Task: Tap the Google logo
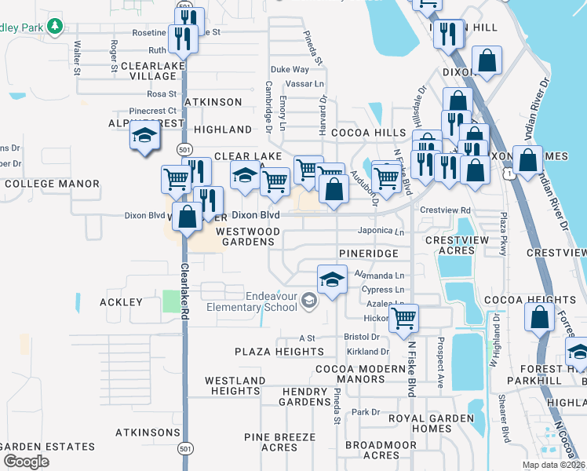click(26, 462)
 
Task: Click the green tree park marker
click(54, 27)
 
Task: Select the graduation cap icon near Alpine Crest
click(144, 137)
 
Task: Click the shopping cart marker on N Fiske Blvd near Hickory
click(403, 318)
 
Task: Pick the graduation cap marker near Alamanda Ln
click(332, 279)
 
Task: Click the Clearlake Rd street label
click(186, 290)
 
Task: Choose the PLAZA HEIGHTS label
click(279, 352)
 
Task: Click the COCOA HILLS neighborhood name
click(368, 133)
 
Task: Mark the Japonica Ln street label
click(381, 232)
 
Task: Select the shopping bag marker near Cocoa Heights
click(539, 318)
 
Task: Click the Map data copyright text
click(552, 465)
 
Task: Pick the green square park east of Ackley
click(171, 301)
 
